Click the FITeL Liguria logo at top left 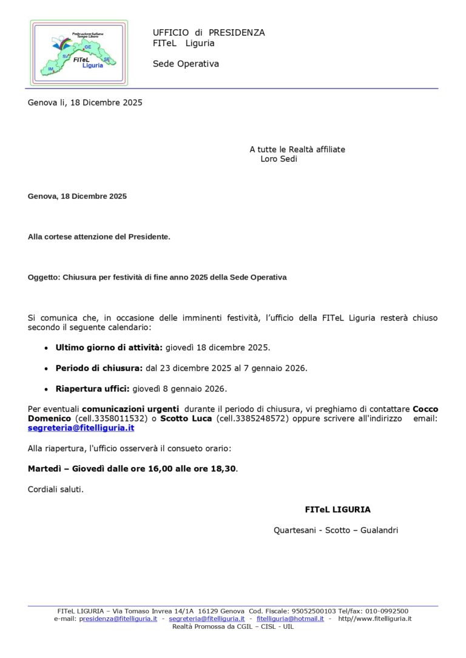(x=79, y=53)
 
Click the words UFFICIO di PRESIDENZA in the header (x=209, y=33)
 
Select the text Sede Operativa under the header (x=186, y=64)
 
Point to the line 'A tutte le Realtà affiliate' (x=297, y=149)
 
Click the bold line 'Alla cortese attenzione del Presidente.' (x=99, y=237)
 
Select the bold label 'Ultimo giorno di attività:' (x=109, y=347)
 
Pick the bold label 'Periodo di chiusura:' (x=99, y=368)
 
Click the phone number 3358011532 (x=121, y=418)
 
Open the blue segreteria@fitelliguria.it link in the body (x=81, y=428)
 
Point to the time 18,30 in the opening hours (x=223, y=469)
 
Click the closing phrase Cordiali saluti (x=56, y=489)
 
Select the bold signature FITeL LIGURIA (x=337, y=509)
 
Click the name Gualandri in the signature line (x=379, y=530)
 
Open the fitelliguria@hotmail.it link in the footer (x=290, y=619)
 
